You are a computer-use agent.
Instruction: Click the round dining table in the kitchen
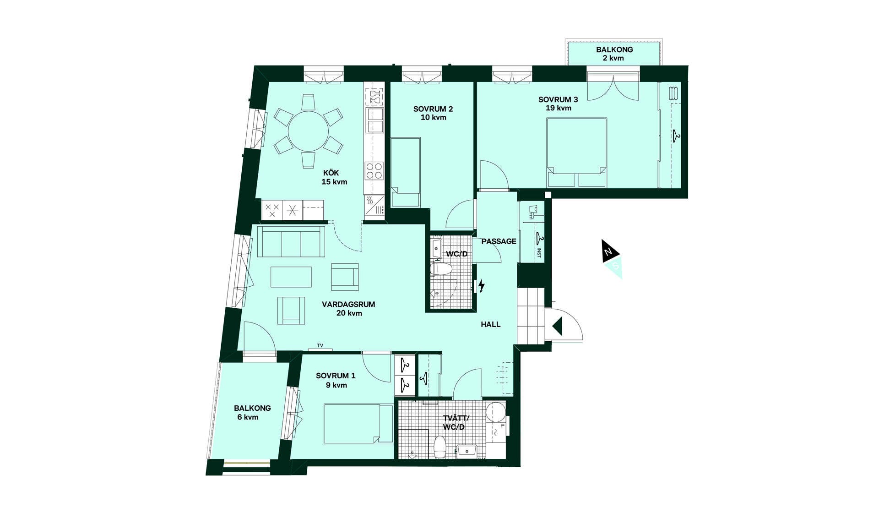pos(308,131)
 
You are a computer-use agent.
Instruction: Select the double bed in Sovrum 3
pos(577,153)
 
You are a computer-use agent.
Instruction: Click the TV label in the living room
pos(320,346)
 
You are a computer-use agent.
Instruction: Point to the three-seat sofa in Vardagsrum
pos(291,241)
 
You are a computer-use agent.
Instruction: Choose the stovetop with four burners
pos(374,170)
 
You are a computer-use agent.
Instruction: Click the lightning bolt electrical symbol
pos(481,286)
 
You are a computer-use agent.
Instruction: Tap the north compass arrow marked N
pos(609,251)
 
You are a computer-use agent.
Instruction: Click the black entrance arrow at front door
pos(557,327)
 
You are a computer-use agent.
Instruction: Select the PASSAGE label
pos(499,241)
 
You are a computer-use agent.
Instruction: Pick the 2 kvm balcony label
pos(614,54)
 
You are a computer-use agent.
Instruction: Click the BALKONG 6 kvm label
pos(252,412)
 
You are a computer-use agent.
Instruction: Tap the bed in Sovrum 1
pos(358,424)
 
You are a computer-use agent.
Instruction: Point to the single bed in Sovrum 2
pos(405,172)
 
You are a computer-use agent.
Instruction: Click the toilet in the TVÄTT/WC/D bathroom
pos(440,447)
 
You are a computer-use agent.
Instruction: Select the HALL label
pos(490,324)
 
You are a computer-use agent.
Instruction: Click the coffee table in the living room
pos(291,277)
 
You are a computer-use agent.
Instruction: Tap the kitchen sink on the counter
pos(375,120)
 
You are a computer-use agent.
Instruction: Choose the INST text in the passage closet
pos(539,253)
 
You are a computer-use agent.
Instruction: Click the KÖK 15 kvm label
pos(334,177)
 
